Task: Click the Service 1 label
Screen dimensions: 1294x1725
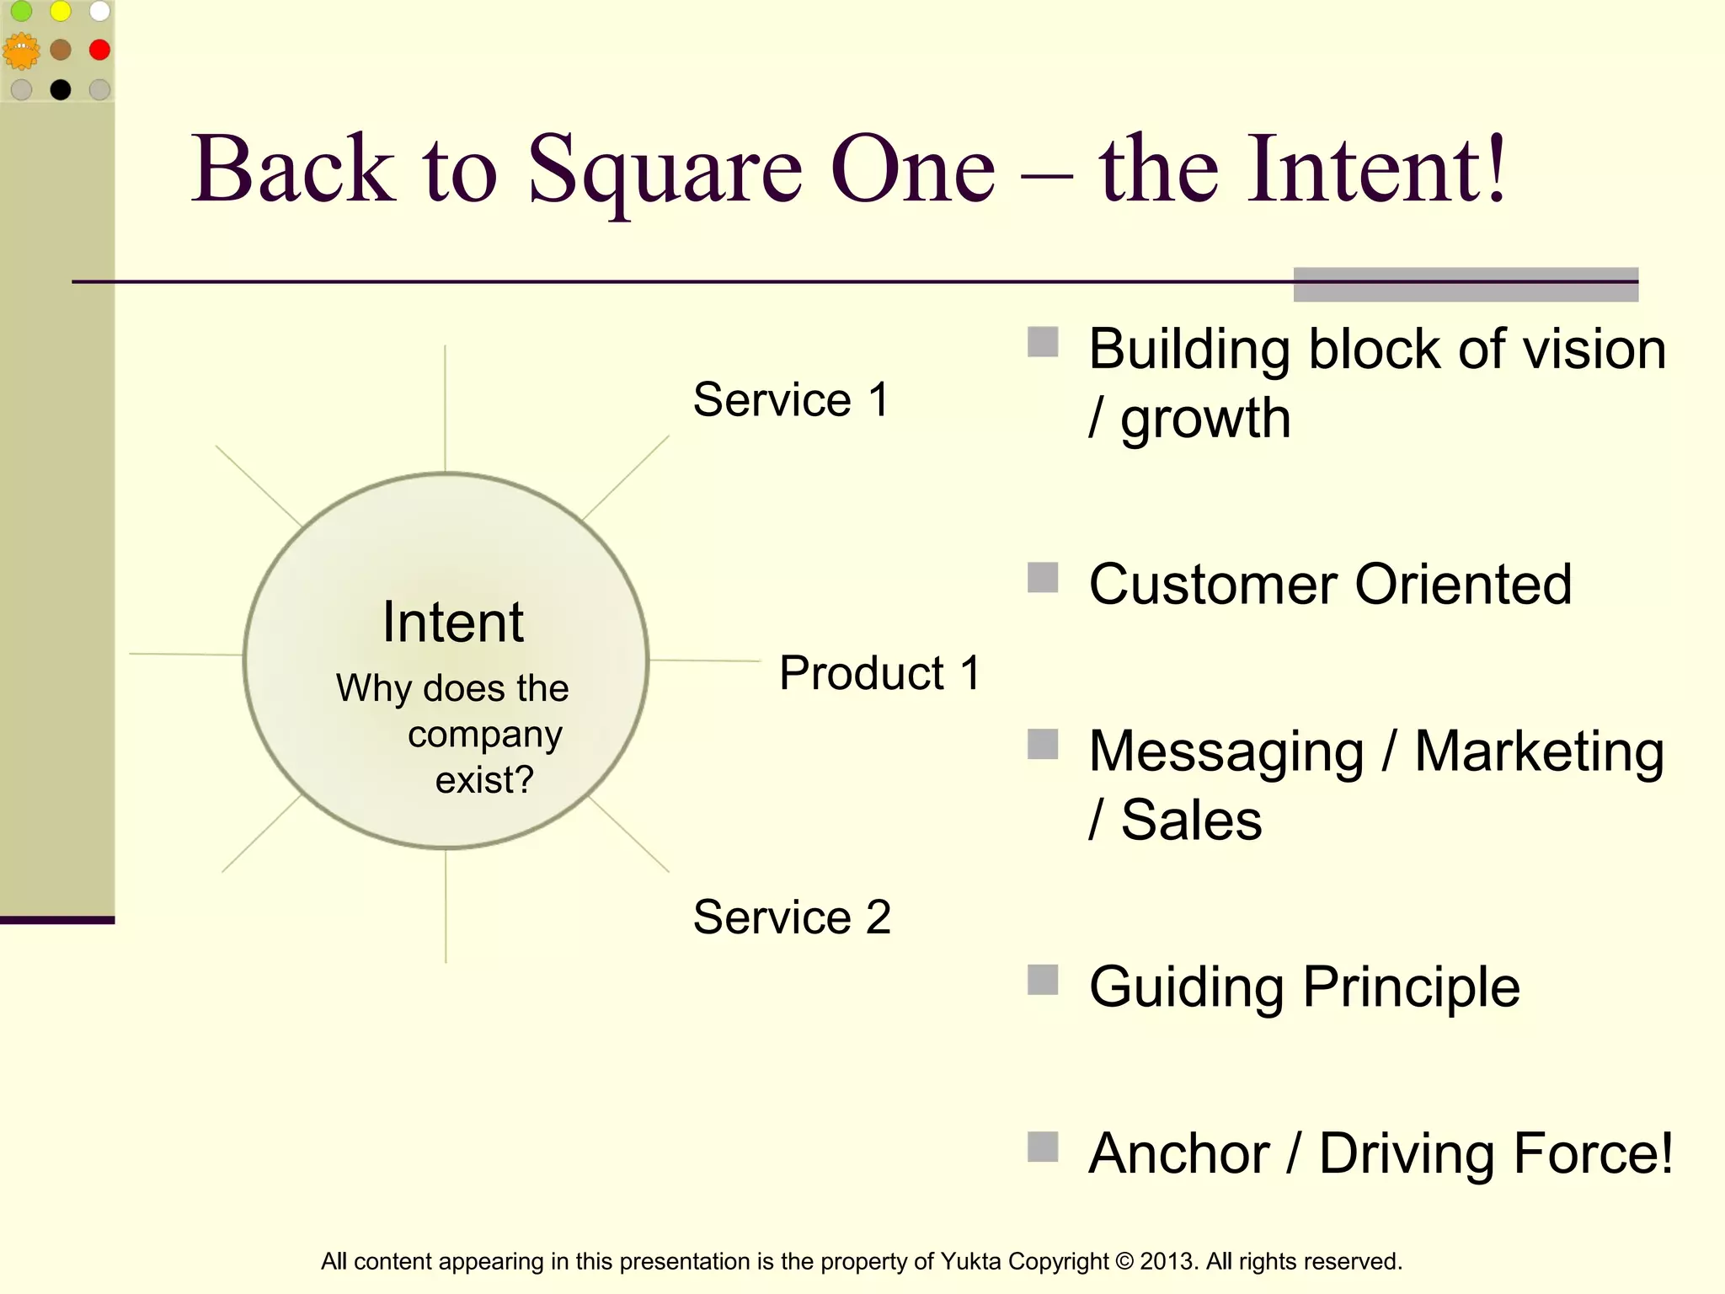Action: (791, 399)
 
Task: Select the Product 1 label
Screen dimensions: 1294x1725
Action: (879, 673)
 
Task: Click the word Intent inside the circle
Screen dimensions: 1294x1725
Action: (453, 623)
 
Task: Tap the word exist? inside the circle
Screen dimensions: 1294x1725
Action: (484, 780)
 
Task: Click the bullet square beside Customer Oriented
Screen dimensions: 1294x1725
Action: (1043, 578)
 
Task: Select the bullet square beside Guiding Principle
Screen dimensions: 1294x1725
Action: (1043, 980)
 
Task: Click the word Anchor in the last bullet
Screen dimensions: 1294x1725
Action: (1178, 1153)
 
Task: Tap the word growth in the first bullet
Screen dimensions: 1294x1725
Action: (1205, 419)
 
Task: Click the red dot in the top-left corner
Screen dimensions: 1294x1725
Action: (99, 50)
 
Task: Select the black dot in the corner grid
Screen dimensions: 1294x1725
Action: (61, 89)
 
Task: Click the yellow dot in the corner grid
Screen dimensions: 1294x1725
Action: (61, 11)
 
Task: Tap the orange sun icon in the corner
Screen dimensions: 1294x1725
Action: (21, 51)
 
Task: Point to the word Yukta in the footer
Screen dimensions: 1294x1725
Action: (970, 1261)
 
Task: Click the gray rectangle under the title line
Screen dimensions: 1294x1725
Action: (1466, 285)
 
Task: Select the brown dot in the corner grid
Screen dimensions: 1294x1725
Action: (61, 50)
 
